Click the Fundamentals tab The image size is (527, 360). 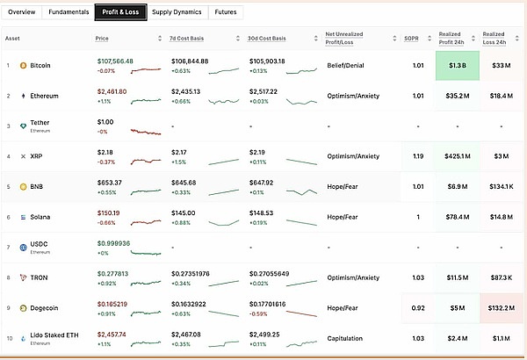(68, 13)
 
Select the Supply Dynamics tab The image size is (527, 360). (177, 13)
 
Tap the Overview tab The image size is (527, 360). (23, 13)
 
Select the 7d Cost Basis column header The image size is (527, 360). (190, 39)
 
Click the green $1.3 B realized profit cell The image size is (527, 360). (458, 66)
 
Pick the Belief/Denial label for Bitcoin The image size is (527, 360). (347, 66)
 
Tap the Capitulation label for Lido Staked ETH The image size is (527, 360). (344, 338)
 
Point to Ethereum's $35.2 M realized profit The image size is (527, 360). (458, 96)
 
